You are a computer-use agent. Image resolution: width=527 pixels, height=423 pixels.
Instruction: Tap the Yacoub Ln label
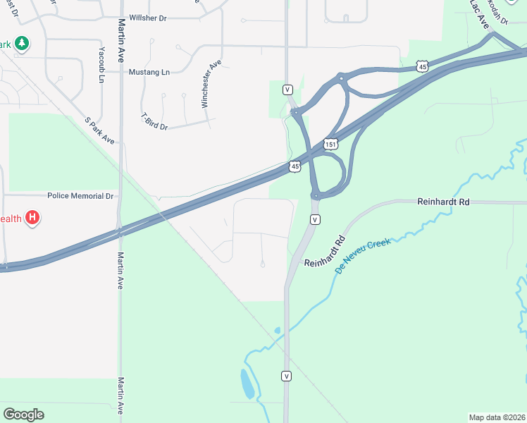click(x=101, y=66)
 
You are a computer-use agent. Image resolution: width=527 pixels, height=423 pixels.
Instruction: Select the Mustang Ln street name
click(x=149, y=72)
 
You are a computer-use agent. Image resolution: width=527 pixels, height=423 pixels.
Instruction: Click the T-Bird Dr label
click(x=154, y=121)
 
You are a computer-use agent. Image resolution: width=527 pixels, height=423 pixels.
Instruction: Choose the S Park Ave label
click(x=99, y=130)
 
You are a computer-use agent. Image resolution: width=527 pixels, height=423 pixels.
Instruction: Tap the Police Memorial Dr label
click(x=80, y=195)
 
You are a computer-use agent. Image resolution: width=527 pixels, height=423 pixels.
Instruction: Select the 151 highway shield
click(x=330, y=144)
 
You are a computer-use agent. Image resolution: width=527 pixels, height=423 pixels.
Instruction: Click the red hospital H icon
click(x=32, y=218)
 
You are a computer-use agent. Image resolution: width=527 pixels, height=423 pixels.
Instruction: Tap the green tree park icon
click(x=22, y=44)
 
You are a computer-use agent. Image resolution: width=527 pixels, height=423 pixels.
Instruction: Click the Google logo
click(x=24, y=414)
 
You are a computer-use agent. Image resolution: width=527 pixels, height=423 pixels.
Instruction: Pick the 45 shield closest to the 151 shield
click(x=295, y=166)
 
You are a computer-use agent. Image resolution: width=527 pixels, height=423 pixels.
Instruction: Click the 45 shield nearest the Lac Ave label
click(x=422, y=66)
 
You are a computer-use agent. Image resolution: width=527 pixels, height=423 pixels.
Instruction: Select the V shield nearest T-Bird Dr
click(x=287, y=90)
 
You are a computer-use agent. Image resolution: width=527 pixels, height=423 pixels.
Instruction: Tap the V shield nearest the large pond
click(x=286, y=376)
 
